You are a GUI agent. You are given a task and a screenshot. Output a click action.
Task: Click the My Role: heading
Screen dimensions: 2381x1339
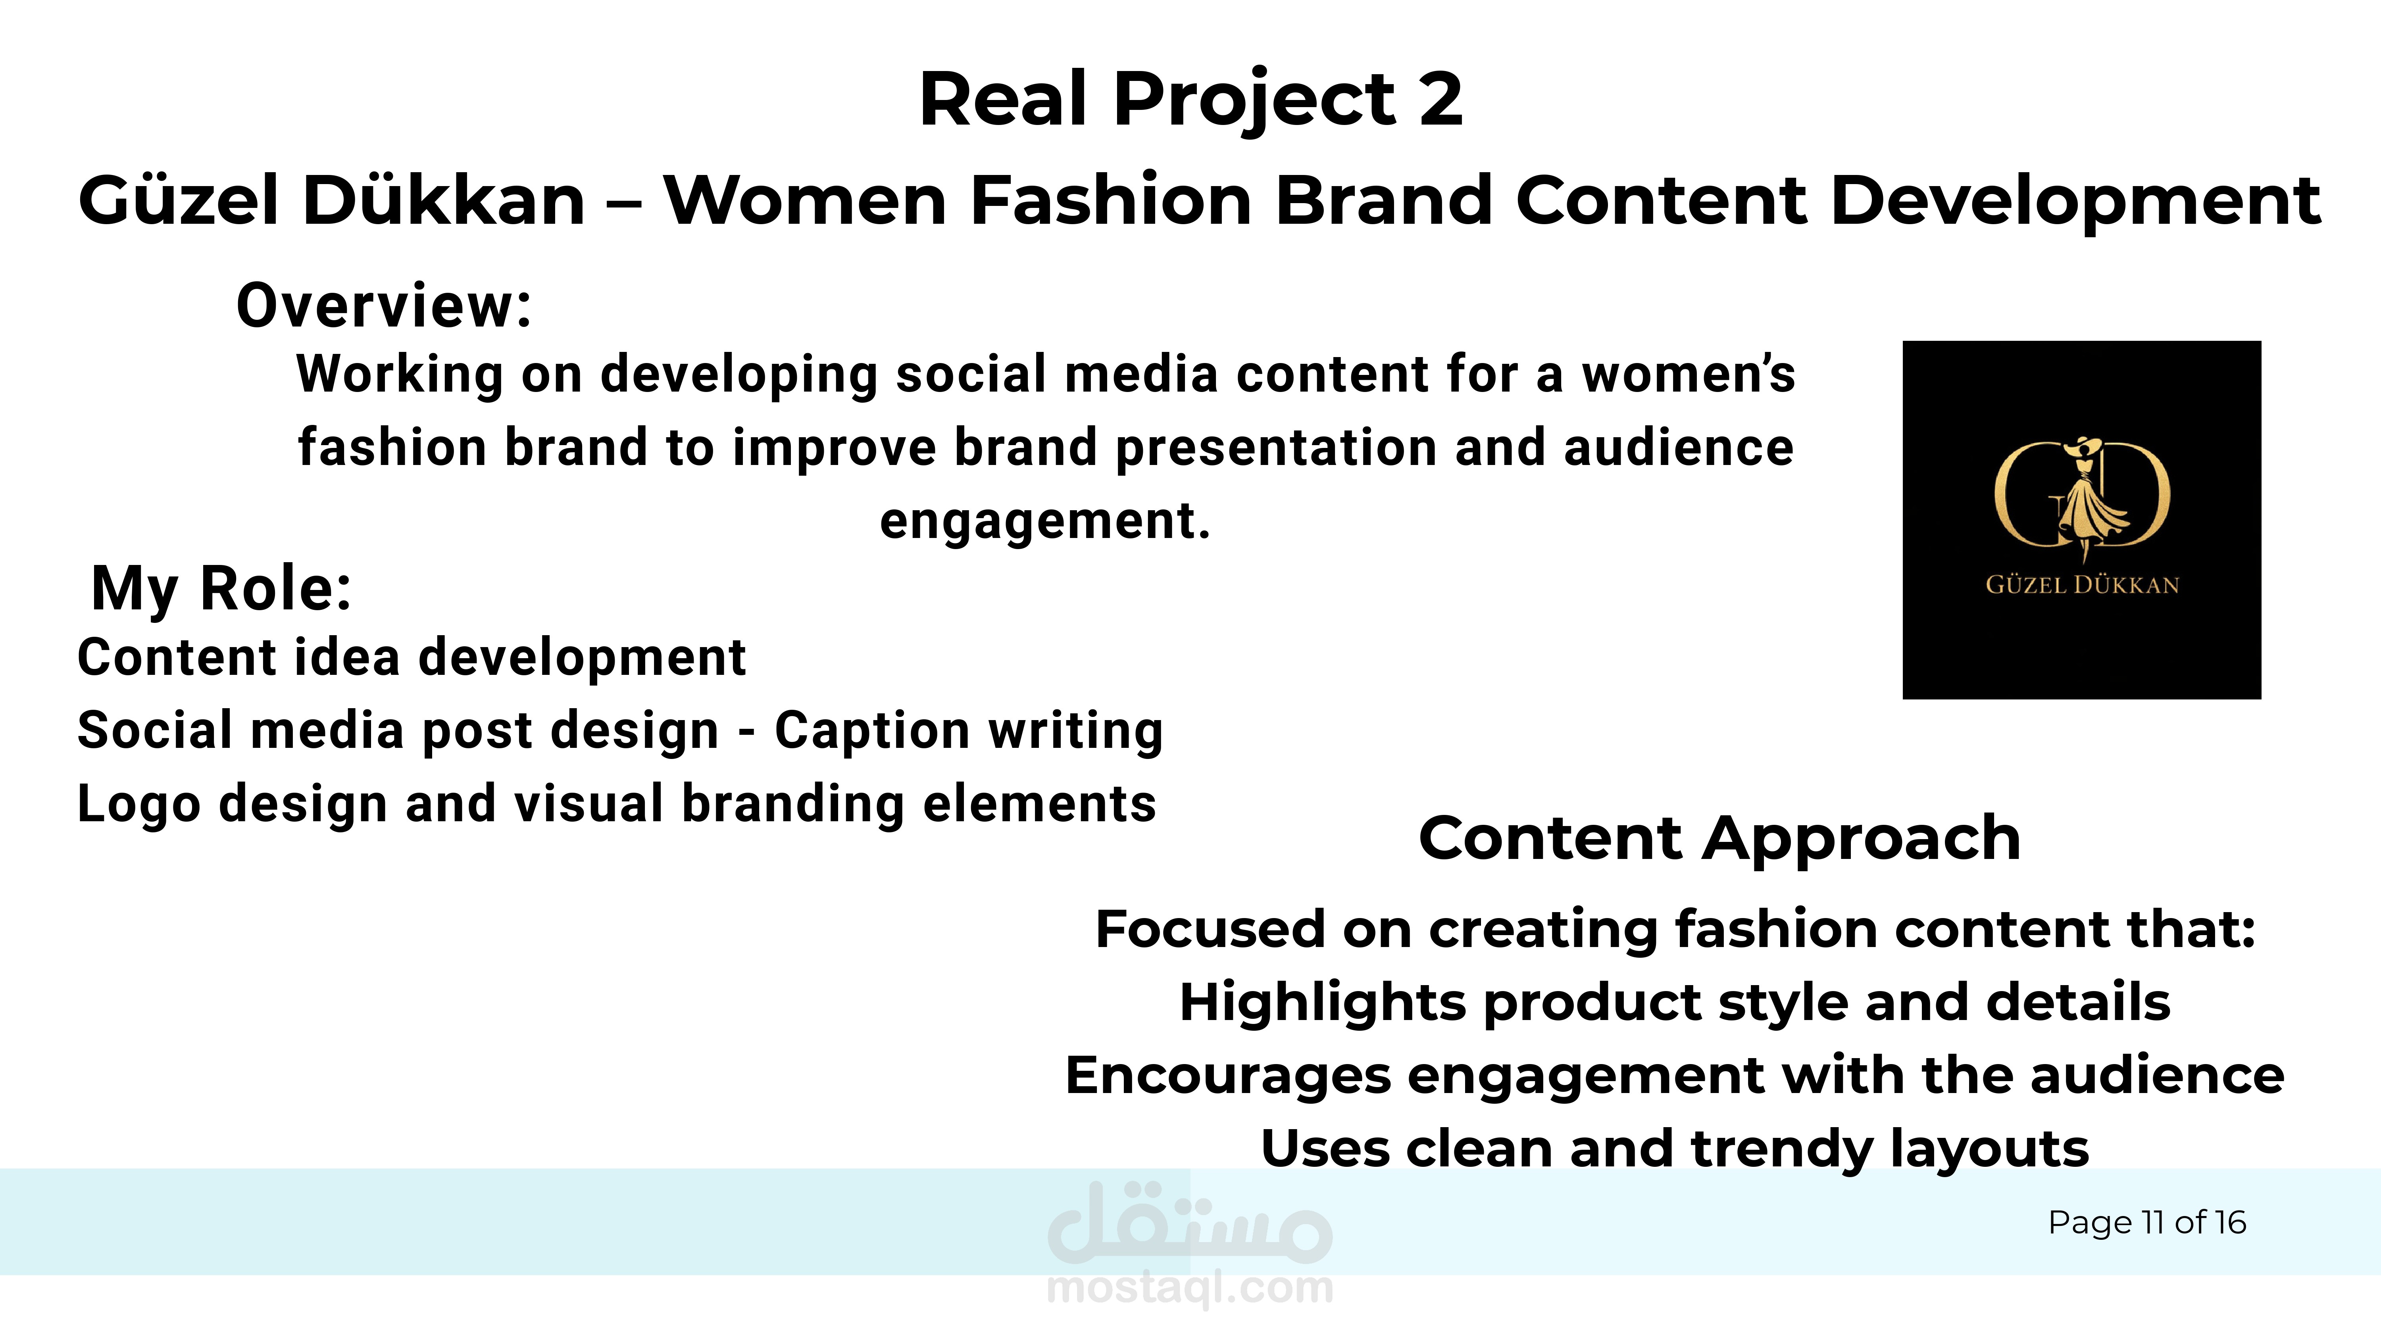(x=222, y=589)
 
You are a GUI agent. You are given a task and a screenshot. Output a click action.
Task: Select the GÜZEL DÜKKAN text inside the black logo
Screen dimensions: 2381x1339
(x=2083, y=585)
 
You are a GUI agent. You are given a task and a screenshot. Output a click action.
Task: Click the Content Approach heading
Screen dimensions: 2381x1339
(x=1719, y=838)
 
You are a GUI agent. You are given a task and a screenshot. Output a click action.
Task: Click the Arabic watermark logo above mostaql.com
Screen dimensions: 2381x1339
(x=1190, y=1222)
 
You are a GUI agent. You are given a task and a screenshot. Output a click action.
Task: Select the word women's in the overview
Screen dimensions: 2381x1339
(x=1689, y=374)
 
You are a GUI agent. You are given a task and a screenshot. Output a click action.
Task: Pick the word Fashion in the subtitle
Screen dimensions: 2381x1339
(x=1111, y=199)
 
